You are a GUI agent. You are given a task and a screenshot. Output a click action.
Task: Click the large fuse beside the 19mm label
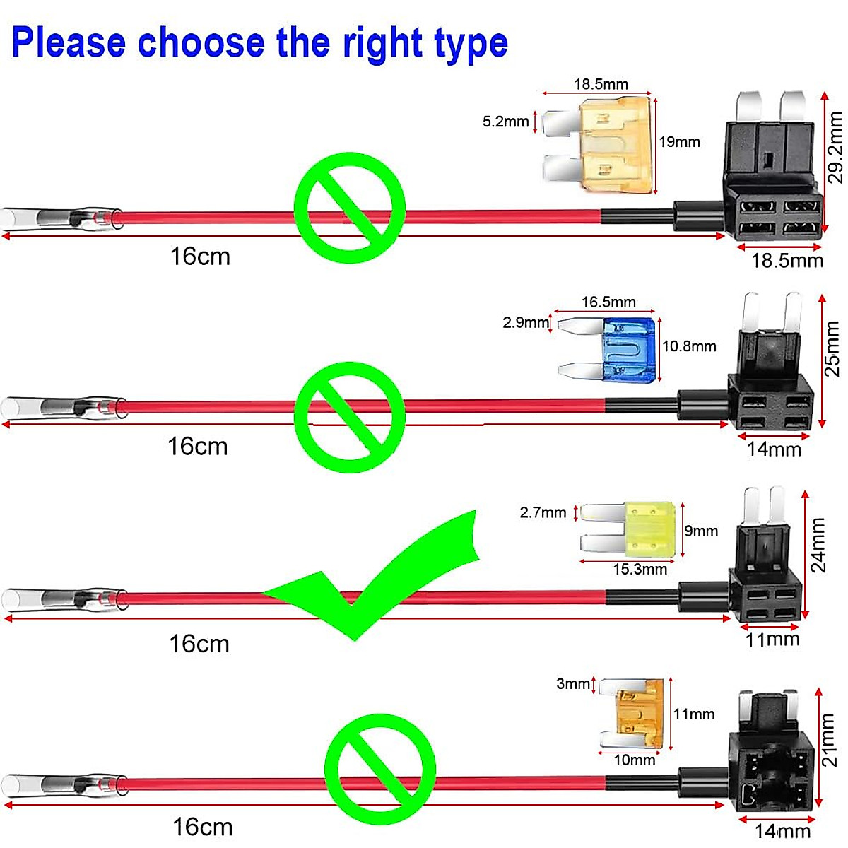[x=615, y=144]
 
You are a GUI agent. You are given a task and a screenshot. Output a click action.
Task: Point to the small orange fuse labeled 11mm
[x=639, y=714]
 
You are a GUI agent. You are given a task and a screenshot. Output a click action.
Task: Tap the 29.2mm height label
[x=835, y=147]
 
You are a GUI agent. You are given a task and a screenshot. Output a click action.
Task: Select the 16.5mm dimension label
[x=608, y=302]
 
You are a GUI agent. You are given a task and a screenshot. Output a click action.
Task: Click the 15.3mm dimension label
[x=640, y=570]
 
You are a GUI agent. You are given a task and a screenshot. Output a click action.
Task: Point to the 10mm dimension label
[x=634, y=760]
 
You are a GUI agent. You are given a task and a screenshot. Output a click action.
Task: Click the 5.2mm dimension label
[x=505, y=122]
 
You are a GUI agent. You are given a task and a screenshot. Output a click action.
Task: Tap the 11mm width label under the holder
[x=772, y=640]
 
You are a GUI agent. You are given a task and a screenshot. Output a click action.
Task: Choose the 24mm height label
[x=818, y=544]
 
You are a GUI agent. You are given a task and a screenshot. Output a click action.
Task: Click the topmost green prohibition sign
[x=350, y=208]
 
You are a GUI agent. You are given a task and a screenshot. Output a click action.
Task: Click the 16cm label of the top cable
[x=200, y=257]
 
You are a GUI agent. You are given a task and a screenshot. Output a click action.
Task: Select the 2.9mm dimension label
[x=525, y=323]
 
